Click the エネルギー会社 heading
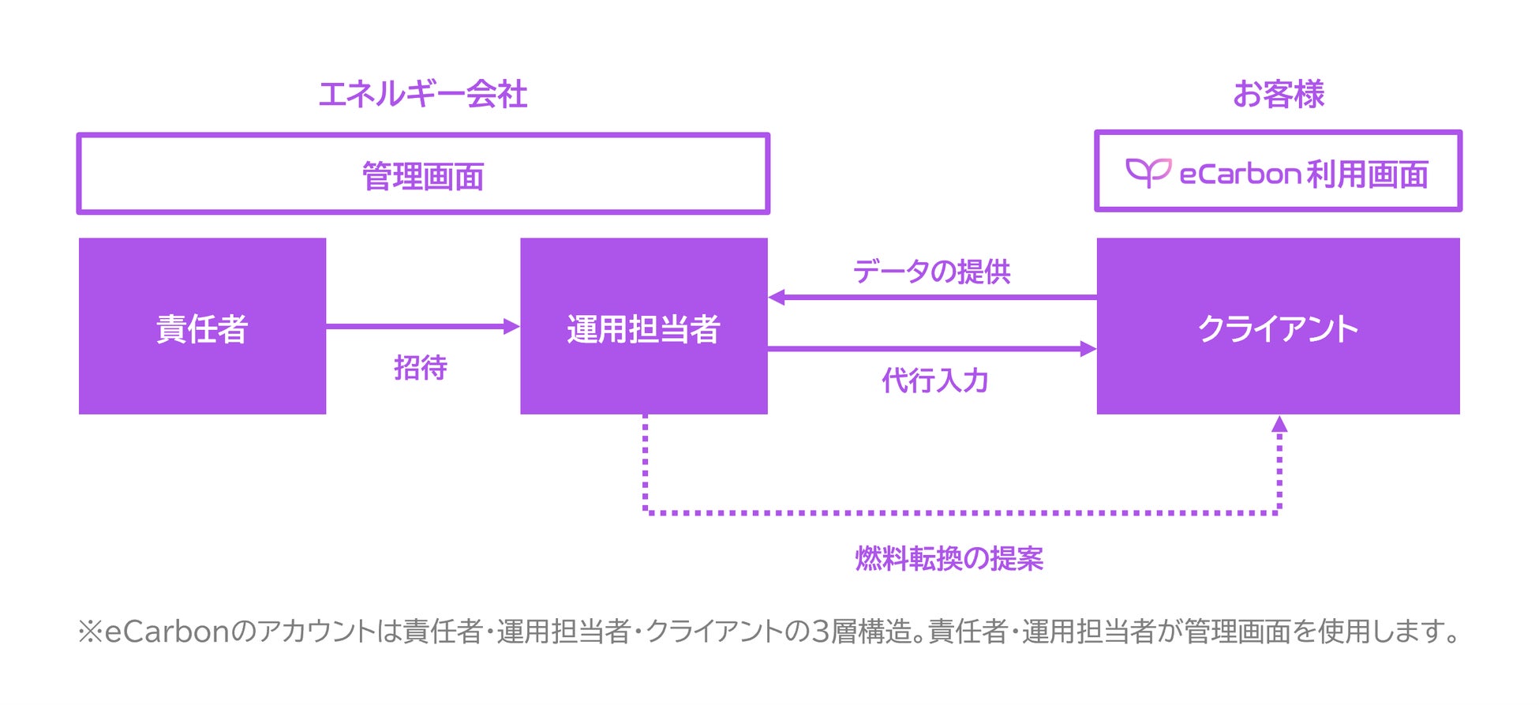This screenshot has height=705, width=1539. pos(422,95)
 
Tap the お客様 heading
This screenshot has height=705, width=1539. pos(1278,95)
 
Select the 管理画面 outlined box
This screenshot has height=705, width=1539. pos(423,174)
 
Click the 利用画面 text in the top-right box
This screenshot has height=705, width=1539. pos(1368,174)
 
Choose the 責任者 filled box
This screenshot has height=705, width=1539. pos(202,327)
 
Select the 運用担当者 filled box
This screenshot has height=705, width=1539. pos(643,327)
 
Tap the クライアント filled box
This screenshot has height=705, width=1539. pos(1278,327)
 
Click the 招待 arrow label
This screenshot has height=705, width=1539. pos(421,368)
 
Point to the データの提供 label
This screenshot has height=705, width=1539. pos(931,272)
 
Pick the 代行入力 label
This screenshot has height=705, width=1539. pos(935,381)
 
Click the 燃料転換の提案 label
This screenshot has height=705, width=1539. pos(949,559)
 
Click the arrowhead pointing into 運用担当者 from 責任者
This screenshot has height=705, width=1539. pos(512,326)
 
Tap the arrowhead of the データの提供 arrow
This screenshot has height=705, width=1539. pos(777,297)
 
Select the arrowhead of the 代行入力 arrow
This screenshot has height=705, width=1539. pos(1088,348)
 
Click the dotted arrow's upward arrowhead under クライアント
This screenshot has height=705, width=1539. pos(1279,424)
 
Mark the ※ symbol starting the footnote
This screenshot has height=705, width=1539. pos(90,632)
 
